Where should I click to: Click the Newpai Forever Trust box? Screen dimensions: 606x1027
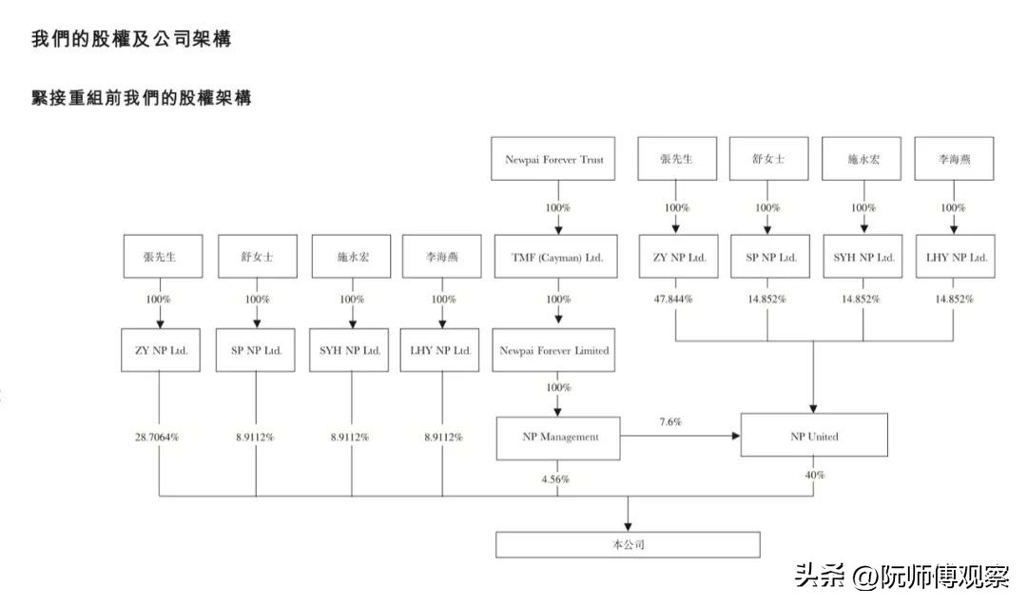pyautogui.click(x=553, y=160)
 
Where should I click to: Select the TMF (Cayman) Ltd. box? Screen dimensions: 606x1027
pyautogui.click(x=557, y=257)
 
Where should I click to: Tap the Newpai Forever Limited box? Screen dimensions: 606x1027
pyautogui.click(x=554, y=350)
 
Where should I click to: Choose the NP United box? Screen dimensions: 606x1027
pyautogui.click(x=815, y=437)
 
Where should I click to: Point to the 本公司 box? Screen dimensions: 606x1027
pyautogui.click(x=628, y=545)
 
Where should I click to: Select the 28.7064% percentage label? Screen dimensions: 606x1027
pyautogui.click(x=158, y=438)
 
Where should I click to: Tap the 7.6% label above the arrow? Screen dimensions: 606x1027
pyautogui.click(x=670, y=420)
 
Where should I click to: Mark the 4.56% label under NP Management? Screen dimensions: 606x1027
pyautogui.click(x=555, y=479)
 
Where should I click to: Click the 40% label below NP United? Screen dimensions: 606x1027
pyautogui.click(x=815, y=475)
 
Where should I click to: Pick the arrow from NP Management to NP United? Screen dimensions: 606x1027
pyautogui.click(x=681, y=437)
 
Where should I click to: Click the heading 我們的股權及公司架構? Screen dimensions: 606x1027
pyautogui.click(x=131, y=39)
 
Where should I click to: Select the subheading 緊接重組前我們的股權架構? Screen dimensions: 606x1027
pyautogui.click(x=142, y=98)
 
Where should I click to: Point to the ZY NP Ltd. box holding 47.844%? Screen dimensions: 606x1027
pyautogui.click(x=677, y=257)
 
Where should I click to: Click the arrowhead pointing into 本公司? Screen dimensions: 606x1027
pyautogui.click(x=628, y=525)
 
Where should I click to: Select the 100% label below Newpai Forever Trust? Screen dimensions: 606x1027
pyautogui.click(x=557, y=207)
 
